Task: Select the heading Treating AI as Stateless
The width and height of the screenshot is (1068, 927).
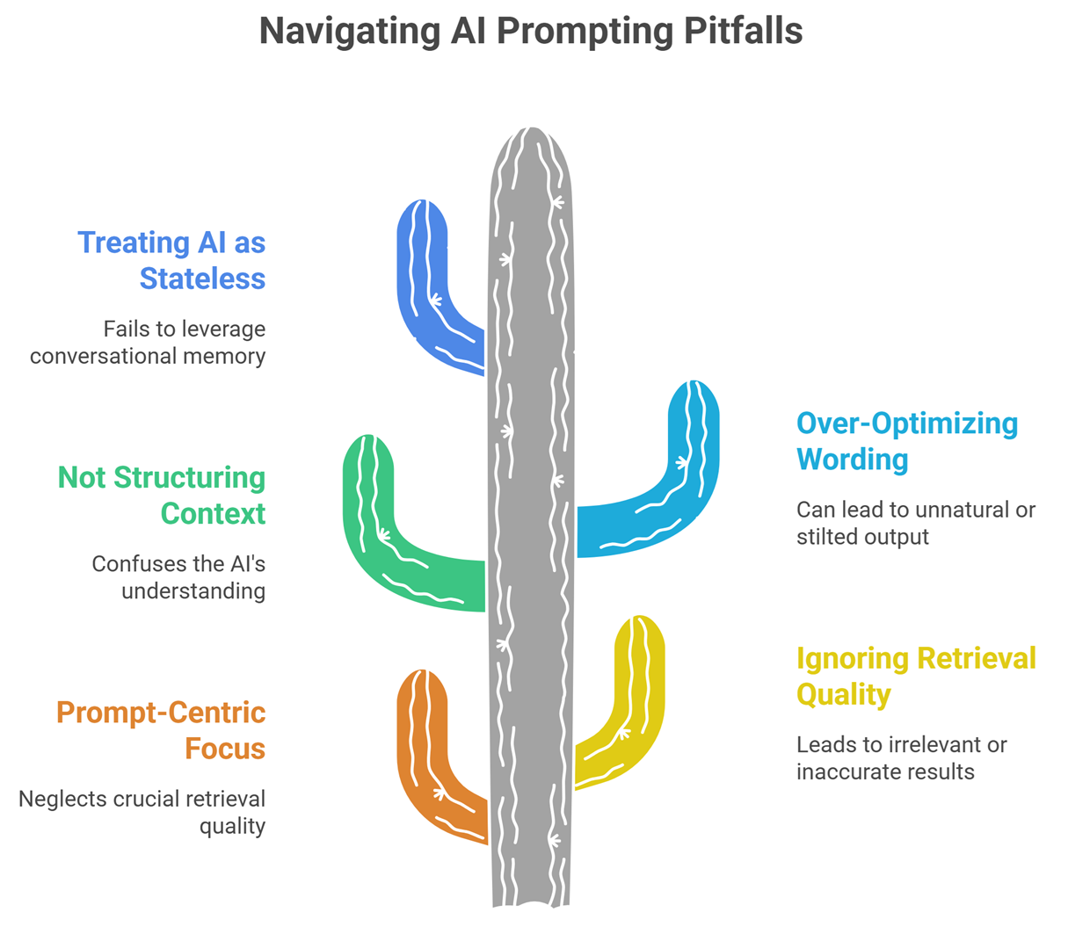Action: click(171, 260)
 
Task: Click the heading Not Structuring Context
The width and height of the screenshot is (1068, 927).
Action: click(162, 495)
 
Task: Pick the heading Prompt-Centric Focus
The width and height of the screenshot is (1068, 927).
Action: click(161, 730)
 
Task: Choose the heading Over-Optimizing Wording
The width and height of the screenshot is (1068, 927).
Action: click(906, 440)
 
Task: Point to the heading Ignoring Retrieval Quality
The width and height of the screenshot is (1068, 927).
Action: click(915, 676)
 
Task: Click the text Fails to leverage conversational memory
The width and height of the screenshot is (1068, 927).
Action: click(148, 342)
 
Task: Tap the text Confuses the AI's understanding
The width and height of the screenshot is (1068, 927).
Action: click(178, 576)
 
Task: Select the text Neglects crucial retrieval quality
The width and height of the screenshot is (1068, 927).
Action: click(142, 812)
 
